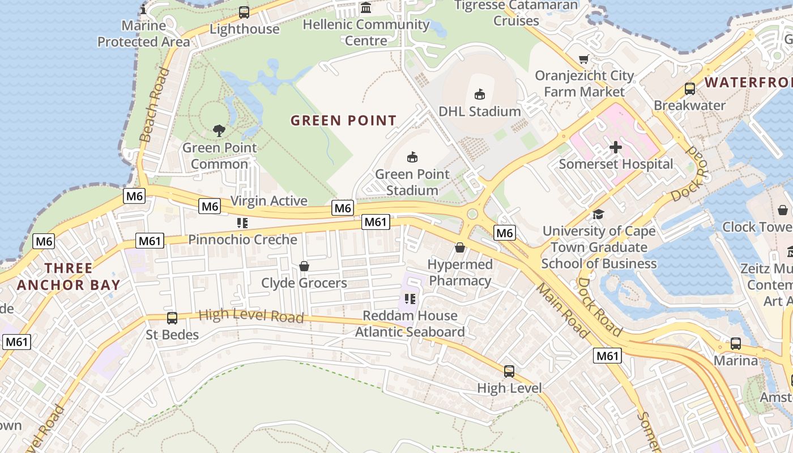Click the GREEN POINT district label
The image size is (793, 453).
(x=343, y=121)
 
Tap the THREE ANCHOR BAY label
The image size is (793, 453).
(x=68, y=276)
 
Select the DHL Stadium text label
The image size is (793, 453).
(x=480, y=111)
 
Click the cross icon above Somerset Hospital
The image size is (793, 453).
(x=616, y=148)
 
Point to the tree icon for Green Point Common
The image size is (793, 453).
(x=219, y=131)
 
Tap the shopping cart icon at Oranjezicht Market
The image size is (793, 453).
(x=584, y=59)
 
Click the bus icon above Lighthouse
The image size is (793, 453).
(x=244, y=12)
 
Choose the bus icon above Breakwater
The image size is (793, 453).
(x=689, y=89)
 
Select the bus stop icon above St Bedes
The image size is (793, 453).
(x=172, y=318)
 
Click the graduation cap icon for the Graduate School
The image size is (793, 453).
(x=598, y=214)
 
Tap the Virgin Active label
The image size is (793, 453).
(x=269, y=201)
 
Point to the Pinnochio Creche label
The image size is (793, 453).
(x=242, y=240)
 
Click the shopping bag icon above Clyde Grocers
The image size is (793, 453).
(x=304, y=266)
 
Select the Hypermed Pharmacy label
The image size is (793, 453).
(x=460, y=272)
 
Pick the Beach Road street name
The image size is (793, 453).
(x=154, y=105)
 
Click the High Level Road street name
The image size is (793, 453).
(x=251, y=315)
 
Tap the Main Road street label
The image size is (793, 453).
(x=562, y=310)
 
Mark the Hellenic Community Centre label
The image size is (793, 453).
(x=366, y=32)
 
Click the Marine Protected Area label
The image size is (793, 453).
(x=143, y=33)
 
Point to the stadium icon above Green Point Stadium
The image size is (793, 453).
(x=412, y=157)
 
